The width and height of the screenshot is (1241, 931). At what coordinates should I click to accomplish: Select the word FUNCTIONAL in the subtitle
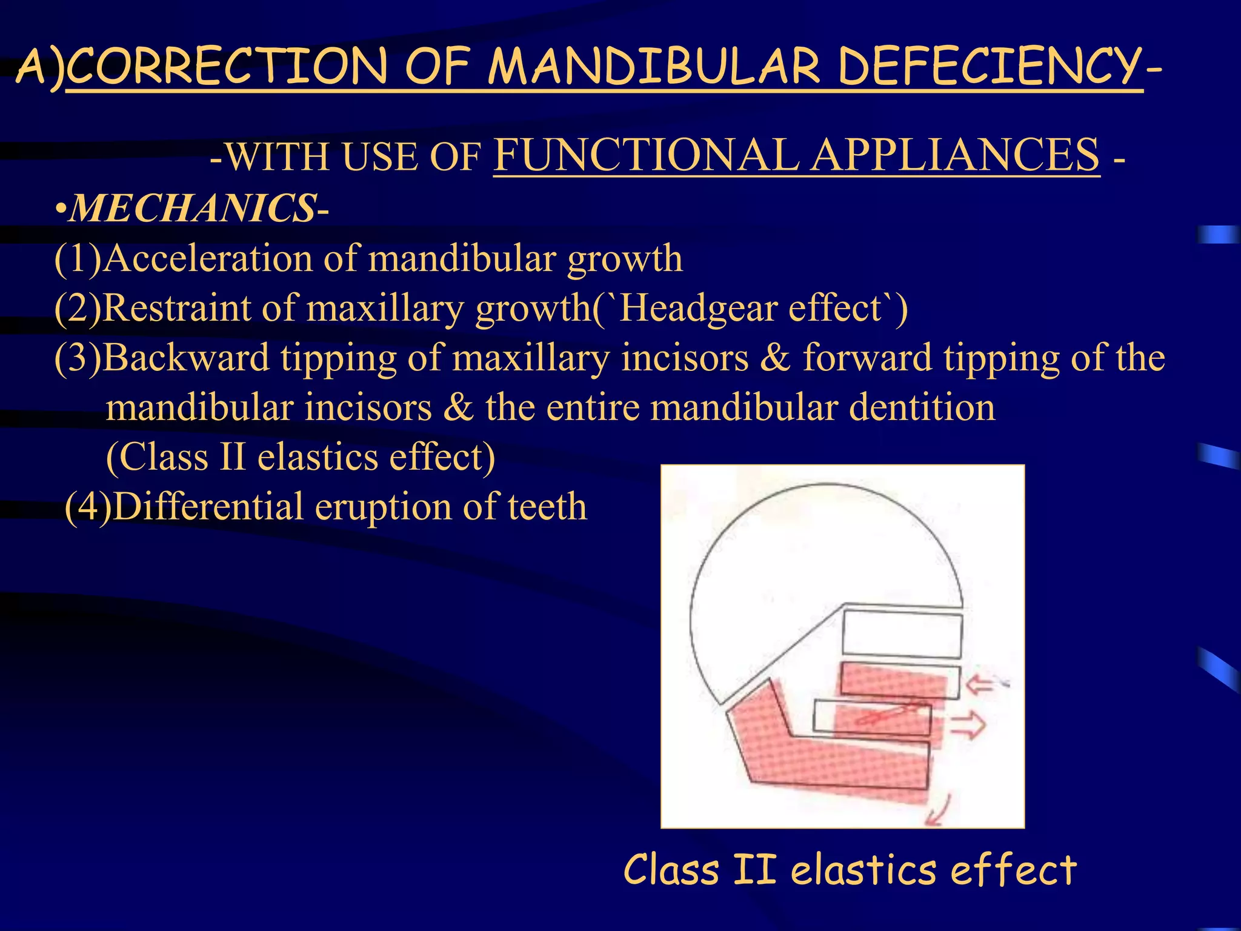645,155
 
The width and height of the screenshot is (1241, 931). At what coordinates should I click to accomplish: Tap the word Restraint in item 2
176,309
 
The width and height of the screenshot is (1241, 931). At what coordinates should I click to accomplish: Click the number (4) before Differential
88,507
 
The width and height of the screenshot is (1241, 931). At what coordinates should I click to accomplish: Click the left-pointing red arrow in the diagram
979,686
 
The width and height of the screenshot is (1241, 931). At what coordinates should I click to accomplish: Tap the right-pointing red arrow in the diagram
968,724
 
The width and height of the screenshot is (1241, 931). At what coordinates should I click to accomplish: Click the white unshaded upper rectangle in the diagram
902,635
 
